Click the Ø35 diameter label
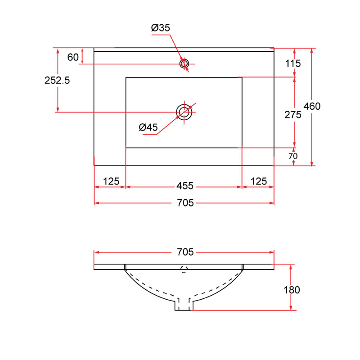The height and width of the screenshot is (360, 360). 161,28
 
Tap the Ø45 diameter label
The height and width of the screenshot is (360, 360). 148,127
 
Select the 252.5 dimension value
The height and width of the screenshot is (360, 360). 57,81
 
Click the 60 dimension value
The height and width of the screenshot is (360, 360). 73,57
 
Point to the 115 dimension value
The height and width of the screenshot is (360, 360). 293,63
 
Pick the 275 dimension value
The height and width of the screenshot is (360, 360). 293,115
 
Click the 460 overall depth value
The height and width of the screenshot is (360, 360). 312,106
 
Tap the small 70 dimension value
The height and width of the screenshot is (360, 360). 293,156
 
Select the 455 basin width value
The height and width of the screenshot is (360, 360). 185,186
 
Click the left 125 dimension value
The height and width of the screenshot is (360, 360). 111,181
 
